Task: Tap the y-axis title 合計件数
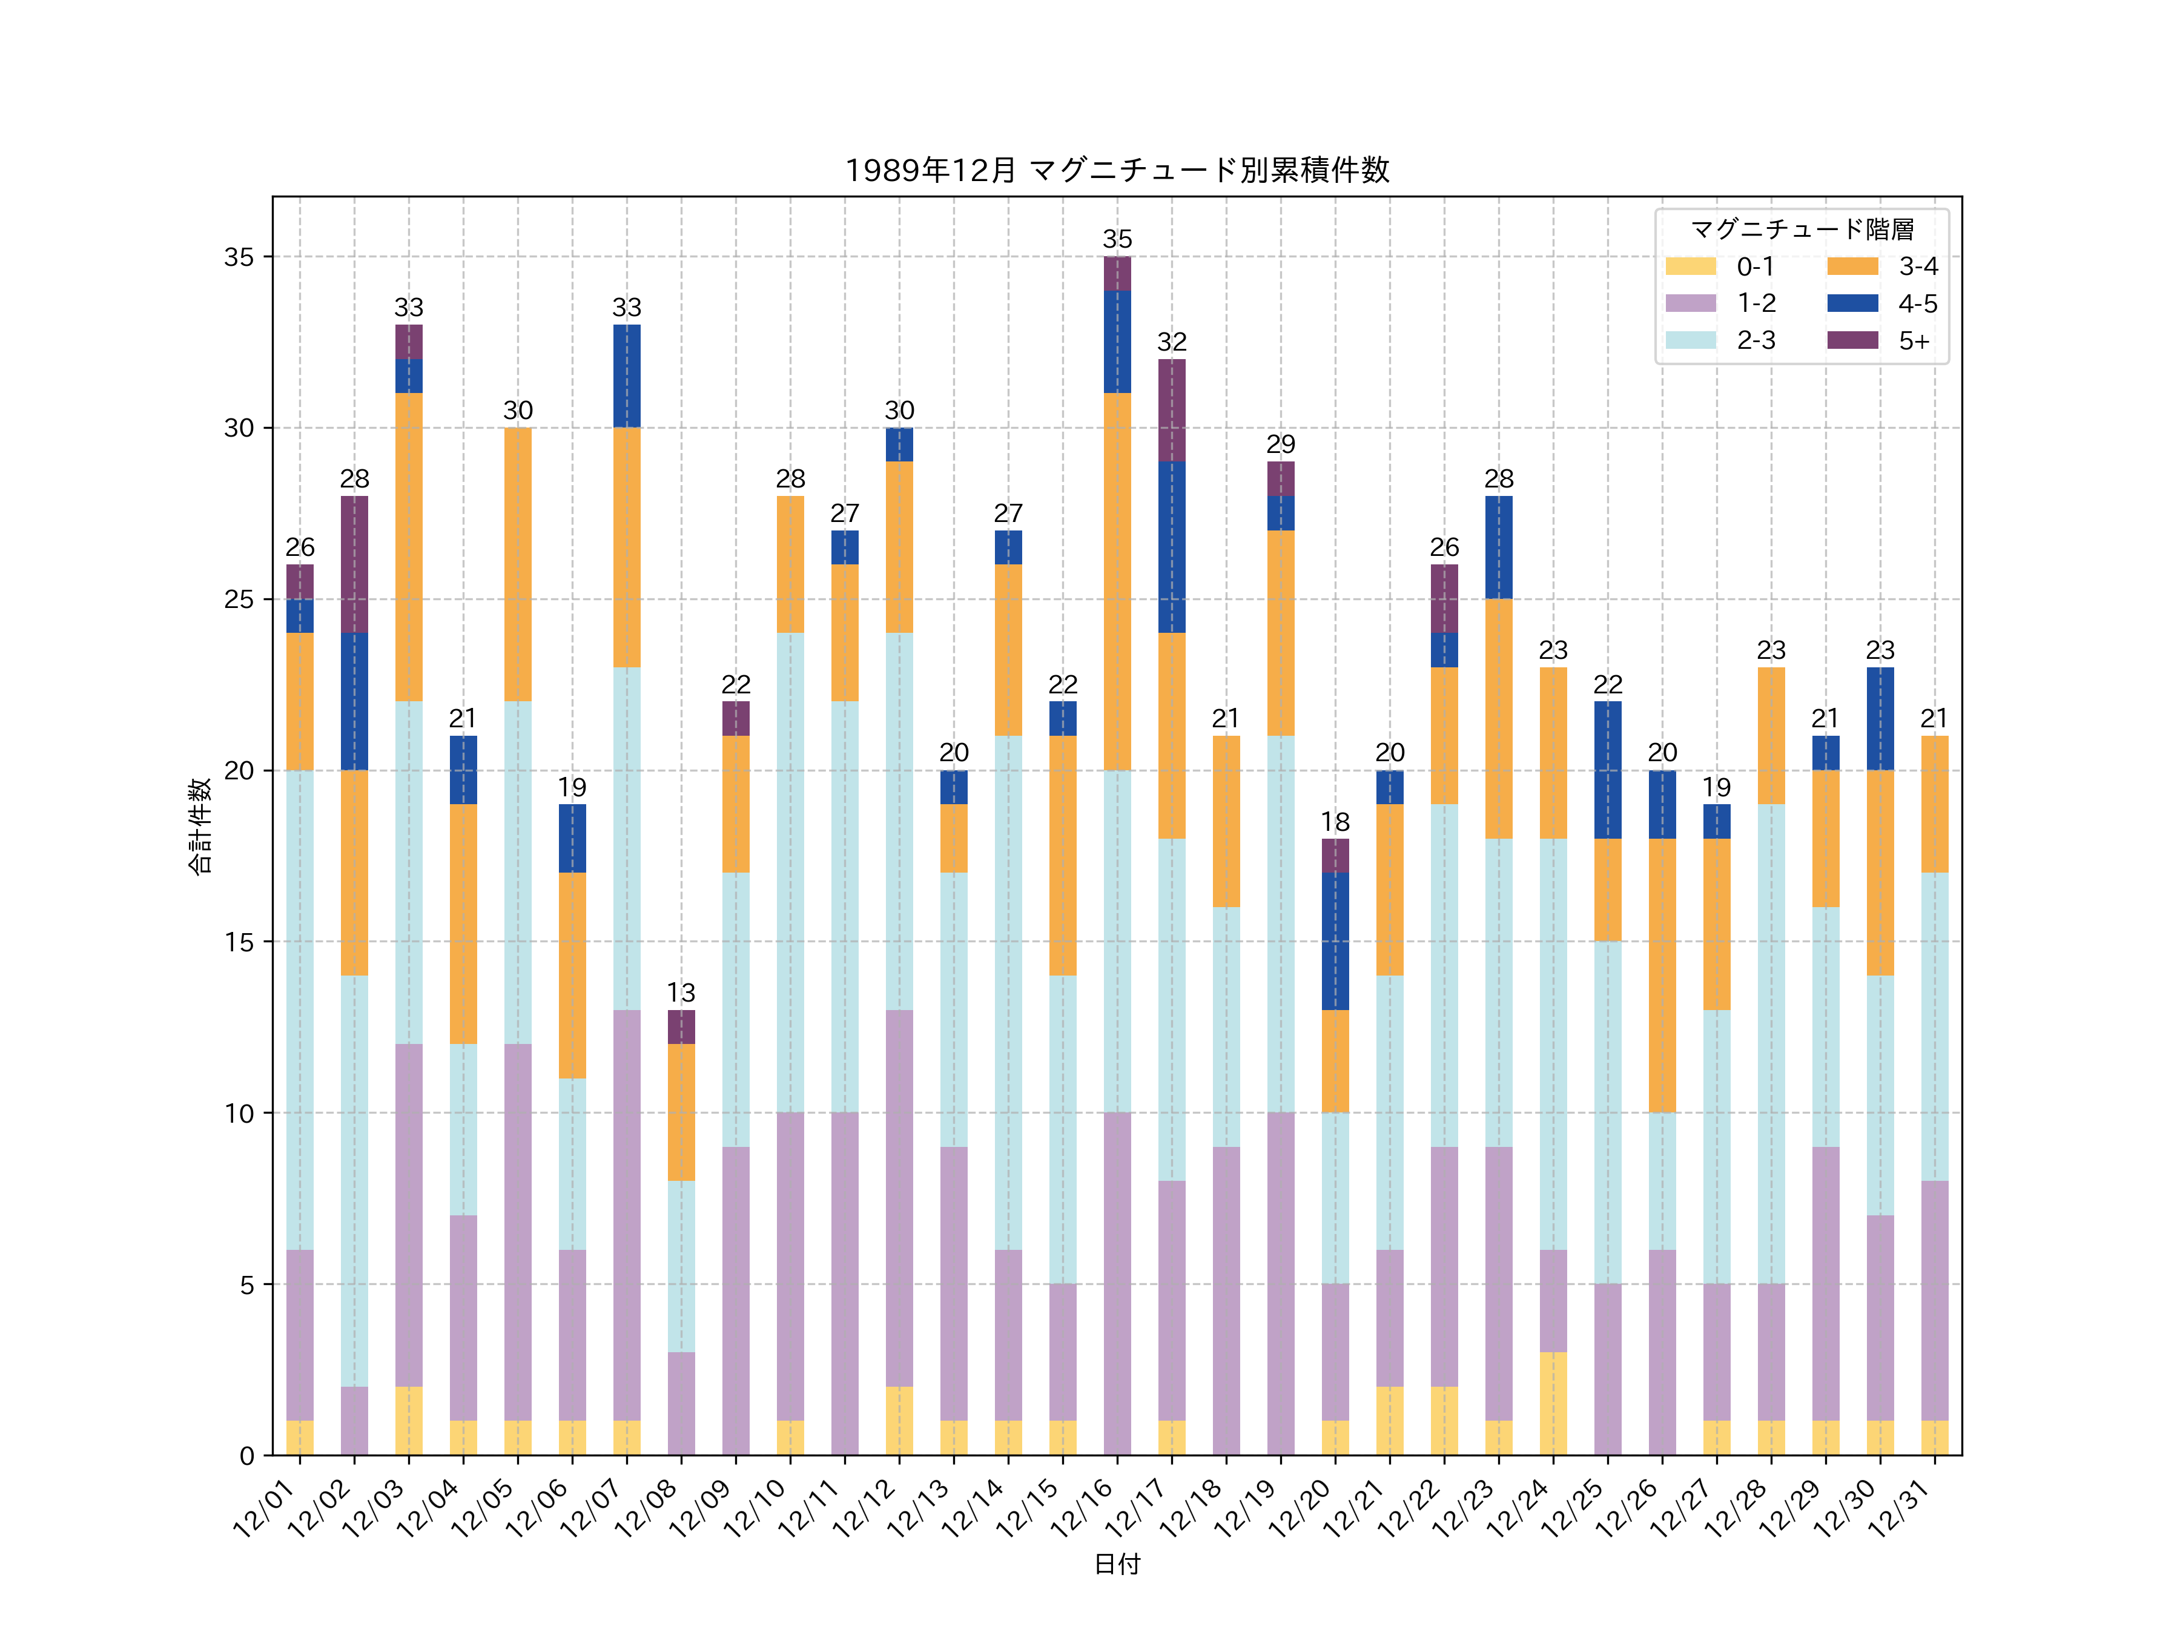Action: pos(200,826)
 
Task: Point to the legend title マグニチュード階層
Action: pos(1802,230)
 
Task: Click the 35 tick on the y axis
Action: pos(239,257)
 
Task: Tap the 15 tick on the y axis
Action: pos(239,942)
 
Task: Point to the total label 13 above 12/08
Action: pos(681,993)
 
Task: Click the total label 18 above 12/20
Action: pos(1335,822)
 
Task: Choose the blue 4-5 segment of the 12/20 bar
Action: pos(1335,941)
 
